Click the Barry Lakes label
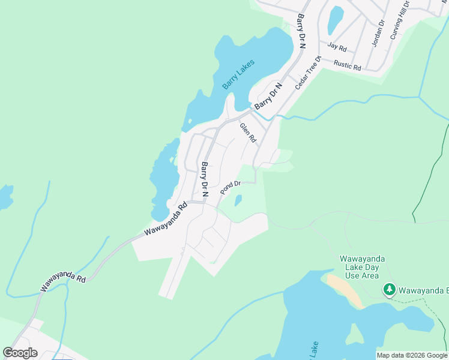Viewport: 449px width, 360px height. [x=238, y=74]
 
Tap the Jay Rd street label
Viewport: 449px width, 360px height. [x=337, y=47]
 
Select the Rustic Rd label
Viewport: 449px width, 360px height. [x=347, y=65]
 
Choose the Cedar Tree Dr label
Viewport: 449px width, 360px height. [x=309, y=73]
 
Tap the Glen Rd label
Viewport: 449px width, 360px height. [x=248, y=133]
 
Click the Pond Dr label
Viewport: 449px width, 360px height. [x=230, y=188]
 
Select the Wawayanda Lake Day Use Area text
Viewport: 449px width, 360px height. [x=362, y=267]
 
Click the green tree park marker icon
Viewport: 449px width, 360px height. [x=390, y=290]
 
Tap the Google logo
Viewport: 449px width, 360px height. [x=20, y=353]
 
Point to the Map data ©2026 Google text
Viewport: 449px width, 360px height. [x=411, y=355]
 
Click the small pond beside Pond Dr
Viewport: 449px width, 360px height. [x=238, y=200]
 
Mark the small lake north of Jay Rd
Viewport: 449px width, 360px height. [x=336, y=20]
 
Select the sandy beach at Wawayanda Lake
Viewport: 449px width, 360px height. [x=346, y=292]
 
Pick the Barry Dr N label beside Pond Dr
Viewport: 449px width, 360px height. [x=205, y=179]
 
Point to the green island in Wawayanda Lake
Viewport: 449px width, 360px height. [x=355, y=334]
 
